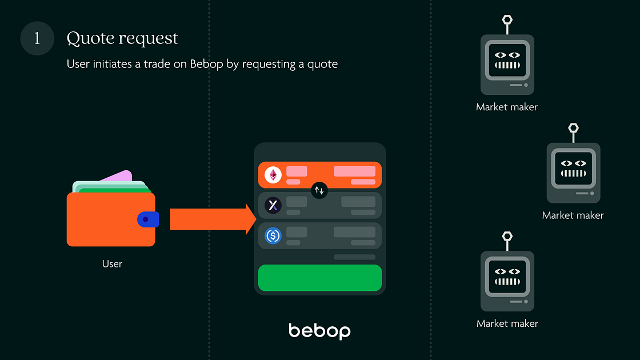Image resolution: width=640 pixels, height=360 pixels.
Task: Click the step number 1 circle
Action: [x=37, y=39]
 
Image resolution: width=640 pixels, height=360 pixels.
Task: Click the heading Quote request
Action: [x=122, y=38]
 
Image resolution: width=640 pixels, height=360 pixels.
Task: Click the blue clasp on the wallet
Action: [x=147, y=219]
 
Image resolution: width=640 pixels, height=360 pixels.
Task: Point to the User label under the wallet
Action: [x=112, y=263]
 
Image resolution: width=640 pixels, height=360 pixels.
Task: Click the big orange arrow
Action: [x=211, y=219]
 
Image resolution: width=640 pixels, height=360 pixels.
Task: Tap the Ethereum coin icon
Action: [x=273, y=175]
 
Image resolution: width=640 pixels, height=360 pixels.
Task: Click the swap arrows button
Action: [x=319, y=190]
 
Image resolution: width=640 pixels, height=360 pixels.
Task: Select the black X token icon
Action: [x=273, y=205]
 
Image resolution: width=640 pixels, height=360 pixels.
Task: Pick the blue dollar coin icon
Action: [x=273, y=235]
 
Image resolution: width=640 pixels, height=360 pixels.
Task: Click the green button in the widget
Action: [x=319, y=278]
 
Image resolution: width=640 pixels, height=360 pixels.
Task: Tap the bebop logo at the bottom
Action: [x=319, y=330]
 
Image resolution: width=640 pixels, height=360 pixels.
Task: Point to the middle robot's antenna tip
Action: [x=573, y=129]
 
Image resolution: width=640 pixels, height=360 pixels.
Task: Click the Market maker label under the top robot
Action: [x=507, y=107]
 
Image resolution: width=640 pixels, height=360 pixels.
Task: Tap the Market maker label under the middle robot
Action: [x=573, y=215]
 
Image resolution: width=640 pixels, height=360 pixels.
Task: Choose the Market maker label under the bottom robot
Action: [x=507, y=323]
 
